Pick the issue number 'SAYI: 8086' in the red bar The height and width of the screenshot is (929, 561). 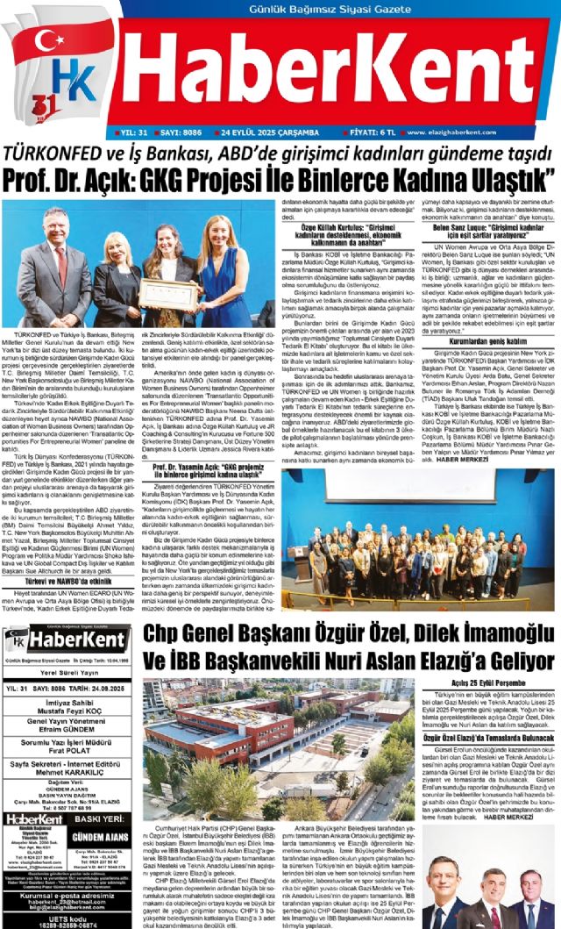coord(181,132)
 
